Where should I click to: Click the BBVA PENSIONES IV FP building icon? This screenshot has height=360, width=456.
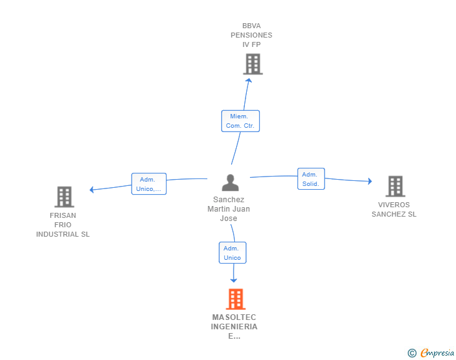tap(252, 64)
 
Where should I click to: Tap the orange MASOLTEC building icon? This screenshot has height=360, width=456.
tap(236, 299)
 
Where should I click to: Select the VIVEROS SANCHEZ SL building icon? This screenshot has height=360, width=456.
tap(395, 186)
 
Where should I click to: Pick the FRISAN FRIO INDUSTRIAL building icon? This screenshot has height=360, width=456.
tap(65, 197)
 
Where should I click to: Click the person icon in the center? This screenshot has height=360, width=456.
tap(231, 183)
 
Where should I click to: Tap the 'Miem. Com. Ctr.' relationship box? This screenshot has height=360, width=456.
tap(241, 121)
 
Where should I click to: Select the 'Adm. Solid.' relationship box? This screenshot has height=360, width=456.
tap(311, 179)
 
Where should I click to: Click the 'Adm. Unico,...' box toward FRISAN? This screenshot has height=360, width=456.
tap(149, 184)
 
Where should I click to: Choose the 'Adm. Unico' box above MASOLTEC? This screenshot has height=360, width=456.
tap(232, 253)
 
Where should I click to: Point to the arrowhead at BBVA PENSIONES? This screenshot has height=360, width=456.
tap(249, 80)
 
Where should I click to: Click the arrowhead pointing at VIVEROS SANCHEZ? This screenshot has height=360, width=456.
tap(370, 181)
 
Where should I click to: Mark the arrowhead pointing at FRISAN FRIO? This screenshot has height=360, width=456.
tap(91, 190)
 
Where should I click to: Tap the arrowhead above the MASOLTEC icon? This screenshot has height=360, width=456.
tap(234, 280)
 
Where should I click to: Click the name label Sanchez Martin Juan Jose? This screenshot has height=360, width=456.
tap(229, 208)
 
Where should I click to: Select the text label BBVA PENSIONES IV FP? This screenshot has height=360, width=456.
tap(252, 35)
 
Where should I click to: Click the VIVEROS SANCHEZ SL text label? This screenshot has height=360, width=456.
tap(394, 209)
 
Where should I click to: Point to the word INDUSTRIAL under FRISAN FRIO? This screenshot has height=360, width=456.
tap(63, 234)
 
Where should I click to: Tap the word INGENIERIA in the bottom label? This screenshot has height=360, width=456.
tap(234, 327)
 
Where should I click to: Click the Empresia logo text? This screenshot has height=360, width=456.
tap(437, 353)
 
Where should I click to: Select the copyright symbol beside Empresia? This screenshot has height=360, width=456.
tap(412, 353)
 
